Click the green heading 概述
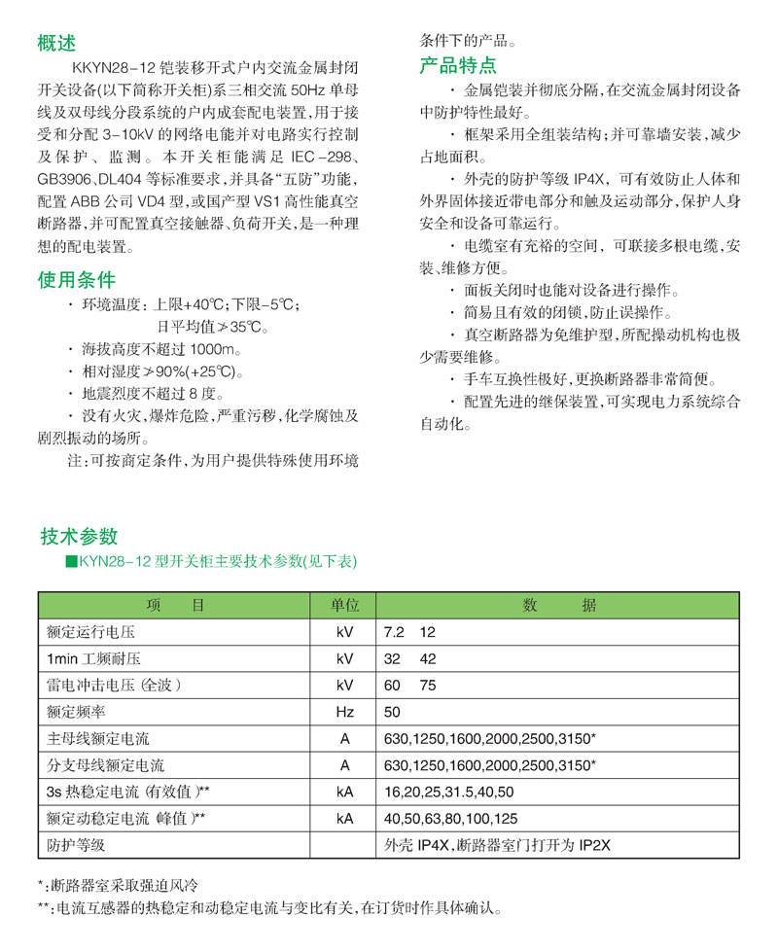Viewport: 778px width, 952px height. [55, 43]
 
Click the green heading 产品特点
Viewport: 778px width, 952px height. [458, 66]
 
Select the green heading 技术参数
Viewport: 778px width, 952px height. [79, 536]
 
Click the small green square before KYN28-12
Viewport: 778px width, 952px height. [70, 562]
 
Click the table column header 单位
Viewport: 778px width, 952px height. [345, 605]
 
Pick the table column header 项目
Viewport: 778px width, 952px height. [177, 605]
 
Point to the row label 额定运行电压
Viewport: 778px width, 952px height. [92, 632]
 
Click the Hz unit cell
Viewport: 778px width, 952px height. [345, 712]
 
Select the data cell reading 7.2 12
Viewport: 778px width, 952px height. [410, 632]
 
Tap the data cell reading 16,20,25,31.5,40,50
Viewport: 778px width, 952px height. [449, 792]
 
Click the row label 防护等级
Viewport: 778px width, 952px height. [76, 845]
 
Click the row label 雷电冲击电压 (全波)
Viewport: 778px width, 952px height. [114, 686]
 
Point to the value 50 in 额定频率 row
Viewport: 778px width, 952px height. [394, 712]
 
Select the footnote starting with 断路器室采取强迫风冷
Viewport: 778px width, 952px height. [122, 886]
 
